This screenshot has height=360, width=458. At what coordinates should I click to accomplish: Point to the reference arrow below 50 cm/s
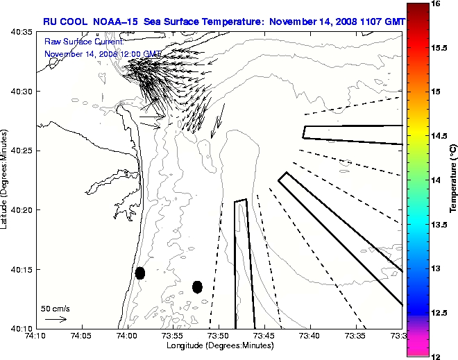pos(56,319)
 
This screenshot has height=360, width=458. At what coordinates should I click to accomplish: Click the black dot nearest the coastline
pos(140,273)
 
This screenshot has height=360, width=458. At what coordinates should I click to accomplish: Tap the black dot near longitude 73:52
pos(197,286)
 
